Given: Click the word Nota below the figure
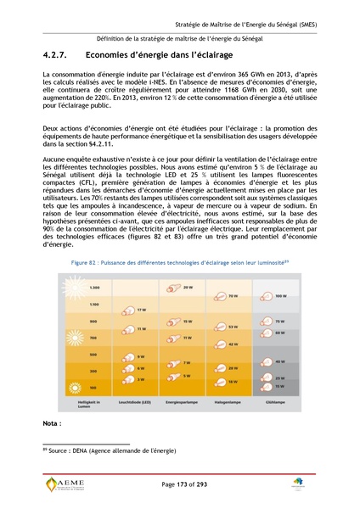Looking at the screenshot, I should coord(53,422).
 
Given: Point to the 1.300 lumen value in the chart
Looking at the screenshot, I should coord(94,288).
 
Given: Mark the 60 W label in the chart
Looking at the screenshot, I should coord(280,333).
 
